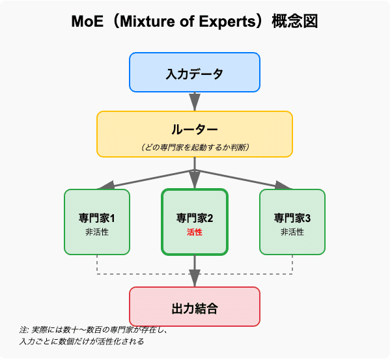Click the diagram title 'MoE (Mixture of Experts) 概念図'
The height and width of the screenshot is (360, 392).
[195, 21]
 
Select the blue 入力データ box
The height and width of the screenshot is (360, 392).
[195, 72]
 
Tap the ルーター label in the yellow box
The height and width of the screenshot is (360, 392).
[195, 128]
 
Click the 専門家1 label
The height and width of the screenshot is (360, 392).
[97, 217]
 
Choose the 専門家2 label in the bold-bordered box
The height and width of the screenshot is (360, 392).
[195, 217]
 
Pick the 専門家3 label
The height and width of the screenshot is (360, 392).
[292, 217]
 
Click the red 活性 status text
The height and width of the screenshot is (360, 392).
[195, 232]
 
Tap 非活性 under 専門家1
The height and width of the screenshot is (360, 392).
[97, 232]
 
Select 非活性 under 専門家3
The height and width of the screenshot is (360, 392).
[292, 232]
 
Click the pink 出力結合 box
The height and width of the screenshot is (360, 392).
[195, 307]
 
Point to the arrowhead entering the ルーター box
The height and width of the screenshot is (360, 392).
[195, 104]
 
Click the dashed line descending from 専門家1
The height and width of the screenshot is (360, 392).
[97, 264]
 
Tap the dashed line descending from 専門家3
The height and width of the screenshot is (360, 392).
[292, 264]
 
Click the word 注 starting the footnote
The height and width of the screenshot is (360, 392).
[23, 331]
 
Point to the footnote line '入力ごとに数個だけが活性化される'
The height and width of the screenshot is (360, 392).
[81, 341]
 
